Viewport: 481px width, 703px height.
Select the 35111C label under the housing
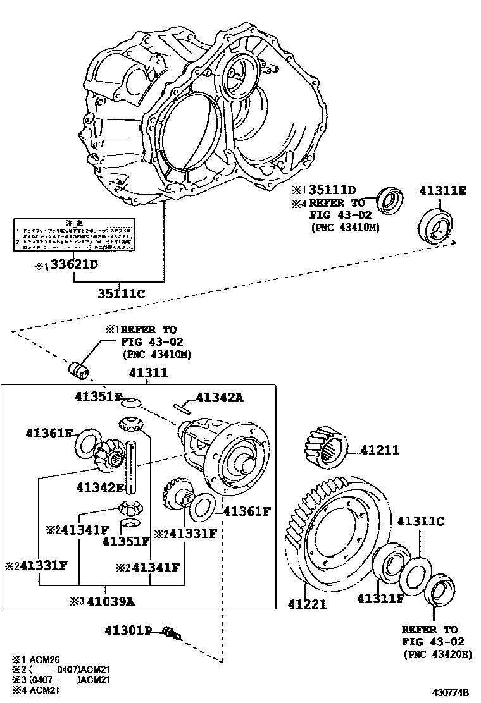click(x=122, y=293)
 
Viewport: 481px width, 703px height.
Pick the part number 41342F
click(x=99, y=487)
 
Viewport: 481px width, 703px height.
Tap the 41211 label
click(x=380, y=450)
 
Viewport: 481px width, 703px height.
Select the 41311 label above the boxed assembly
click(x=148, y=373)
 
